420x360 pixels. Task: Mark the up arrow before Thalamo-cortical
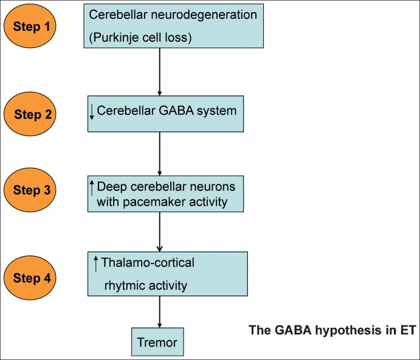[x=95, y=263]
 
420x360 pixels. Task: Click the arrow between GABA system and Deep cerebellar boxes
[x=159, y=153]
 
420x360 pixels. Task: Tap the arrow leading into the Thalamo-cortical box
[x=159, y=232]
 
